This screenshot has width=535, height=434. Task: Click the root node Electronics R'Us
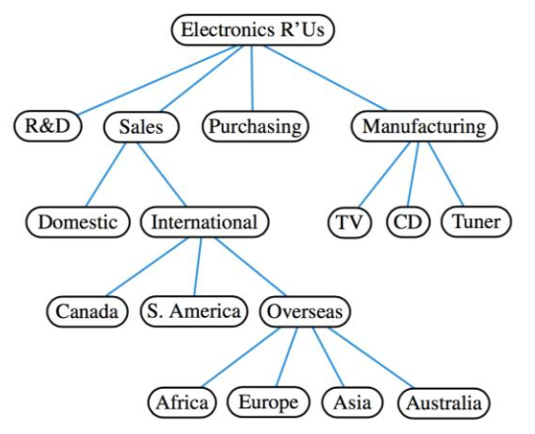pyautogui.click(x=253, y=30)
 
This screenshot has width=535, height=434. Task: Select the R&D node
pyautogui.click(x=46, y=126)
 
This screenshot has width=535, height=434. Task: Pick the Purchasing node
pyautogui.click(x=255, y=126)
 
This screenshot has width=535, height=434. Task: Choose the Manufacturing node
pyautogui.click(x=424, y=126)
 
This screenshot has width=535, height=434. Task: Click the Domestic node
pyautogui.click(x=77, y=221)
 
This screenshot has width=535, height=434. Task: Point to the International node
pyautogui.click(x=204, y=221)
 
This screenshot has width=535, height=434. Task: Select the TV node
pyautogui.click(x=349, y=221)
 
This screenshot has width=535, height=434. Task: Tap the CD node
pyautogui.click(x=406, y=221)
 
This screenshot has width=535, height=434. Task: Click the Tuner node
pyautogui.click(x=476, y=221)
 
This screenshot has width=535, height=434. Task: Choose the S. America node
pyautogui.click(x=193, y=312)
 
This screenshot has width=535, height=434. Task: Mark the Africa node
pyautogui.click(x=182, y=402)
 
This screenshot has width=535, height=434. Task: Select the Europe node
pyautogui.click(x=267, y=402)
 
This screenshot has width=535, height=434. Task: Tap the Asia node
pyautogui.click(x=351, y=402)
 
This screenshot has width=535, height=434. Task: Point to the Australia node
pyautogui.click(x=443, y=402)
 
